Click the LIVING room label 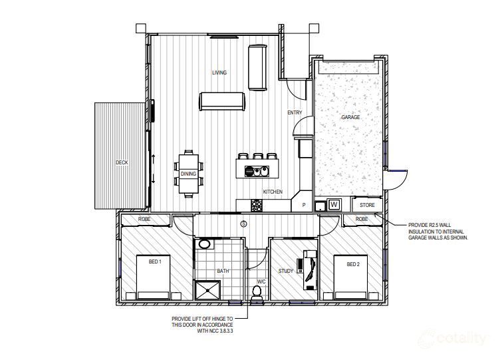click(x=219, y=73)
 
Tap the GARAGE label click(x=350, y=117)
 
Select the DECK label click(x=122, y=162)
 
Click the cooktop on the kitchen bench click(x=257, y=206)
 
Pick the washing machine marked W click(x=334, y=204)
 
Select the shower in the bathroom click(x=208, y=291)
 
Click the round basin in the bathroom click(x=204, y=244)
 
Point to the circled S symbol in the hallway click(x=244, y=224)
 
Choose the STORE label click(x=367, y=205)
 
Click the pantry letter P click(x=304, y=205)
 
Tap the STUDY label click(x=286, y=271)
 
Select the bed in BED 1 click(x=153, y=277)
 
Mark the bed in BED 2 click(x=350, y=277)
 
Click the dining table click(x=189, y=174)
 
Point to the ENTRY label click(x=295, y=112)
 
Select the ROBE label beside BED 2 click(x=362, y=219)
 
